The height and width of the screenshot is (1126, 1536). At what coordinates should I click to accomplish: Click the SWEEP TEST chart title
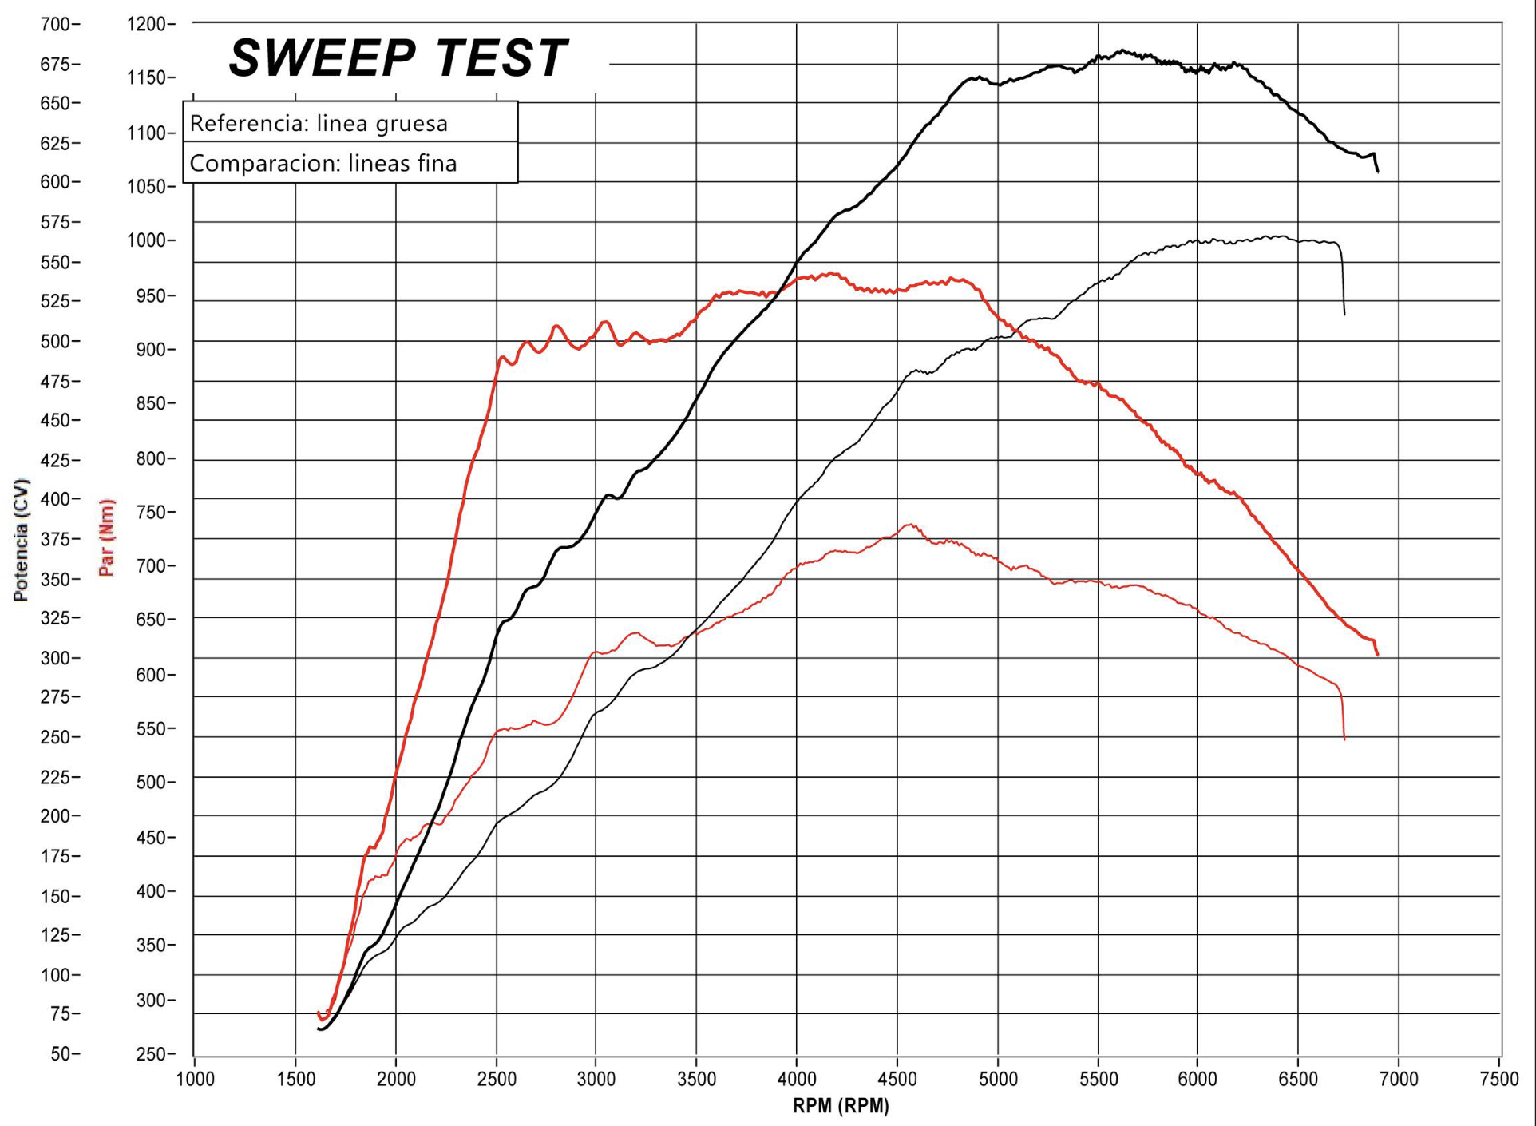click(x=398, y=58)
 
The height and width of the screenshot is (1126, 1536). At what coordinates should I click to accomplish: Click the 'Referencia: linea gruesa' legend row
click(x=319, y=123)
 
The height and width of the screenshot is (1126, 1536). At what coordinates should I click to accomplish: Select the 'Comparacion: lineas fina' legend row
click(x=323, y=163)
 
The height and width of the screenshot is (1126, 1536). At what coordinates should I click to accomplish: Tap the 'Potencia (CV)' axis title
click(x=21, y=540)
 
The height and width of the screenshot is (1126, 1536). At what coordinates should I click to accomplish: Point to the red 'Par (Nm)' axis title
click(x=106, y=537)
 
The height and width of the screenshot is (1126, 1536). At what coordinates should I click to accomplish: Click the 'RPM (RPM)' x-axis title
click(x=841, y=1106)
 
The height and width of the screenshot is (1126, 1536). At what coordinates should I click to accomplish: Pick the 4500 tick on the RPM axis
click(x=897, y=1080)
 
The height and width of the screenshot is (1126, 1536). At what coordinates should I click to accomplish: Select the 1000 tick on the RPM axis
click(x=195, y=1080)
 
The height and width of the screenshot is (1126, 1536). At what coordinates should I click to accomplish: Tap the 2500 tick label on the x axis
click(x=497, y=1080)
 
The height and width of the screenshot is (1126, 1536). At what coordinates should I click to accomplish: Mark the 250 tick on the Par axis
click(x=152, y=1054)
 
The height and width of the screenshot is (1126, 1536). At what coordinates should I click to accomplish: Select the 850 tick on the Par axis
click(x=152, y=403)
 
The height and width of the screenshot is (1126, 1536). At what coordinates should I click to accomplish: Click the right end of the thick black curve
click(x=1377, y=171)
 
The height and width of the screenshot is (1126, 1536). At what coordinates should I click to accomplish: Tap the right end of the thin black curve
click(x=1344, y=314)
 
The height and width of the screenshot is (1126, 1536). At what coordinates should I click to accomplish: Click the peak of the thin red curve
click(x=909, y=525)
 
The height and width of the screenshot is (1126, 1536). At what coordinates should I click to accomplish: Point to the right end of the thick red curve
click(x=1377, y=655)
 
